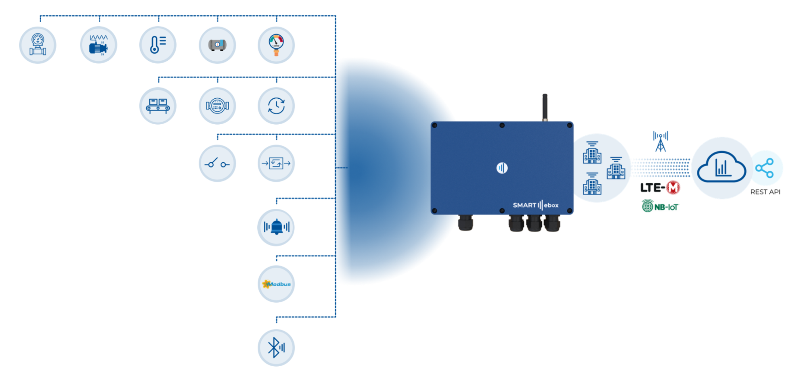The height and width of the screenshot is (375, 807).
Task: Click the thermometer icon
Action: pyautogui.click(x=158, y=45)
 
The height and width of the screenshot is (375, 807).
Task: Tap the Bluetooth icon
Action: pyautogui.click(x=276, y=348)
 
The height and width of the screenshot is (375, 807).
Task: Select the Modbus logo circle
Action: pyautogui.click(x=276, y=284)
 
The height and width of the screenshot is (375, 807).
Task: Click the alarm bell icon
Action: pyautogui.click(x=276, y=227)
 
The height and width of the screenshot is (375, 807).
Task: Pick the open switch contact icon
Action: pyautogui.click(x=217, y=163)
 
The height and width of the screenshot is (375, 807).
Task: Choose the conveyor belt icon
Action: pyautogui.click(x=158, y=106)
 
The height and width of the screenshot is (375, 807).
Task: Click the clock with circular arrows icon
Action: pyautogui.click(x=276, y=106)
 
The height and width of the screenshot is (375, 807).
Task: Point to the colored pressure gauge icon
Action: pyautogui.click(x=276, y=45)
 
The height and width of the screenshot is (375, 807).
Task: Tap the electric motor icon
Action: pyautogui.click(x=98, y=45)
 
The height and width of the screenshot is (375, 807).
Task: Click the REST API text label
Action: pyautogui.click(x=765, y=192)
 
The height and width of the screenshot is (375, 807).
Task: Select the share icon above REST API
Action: pyautogui.click(x=765, y=168)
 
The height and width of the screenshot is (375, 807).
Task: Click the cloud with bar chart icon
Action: pyautogui.click(x=721, y=167)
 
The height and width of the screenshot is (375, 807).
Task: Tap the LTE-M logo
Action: pyautogui.click(x=660, y=187)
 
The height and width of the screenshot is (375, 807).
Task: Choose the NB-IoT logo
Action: pyautogui.click(x=660, y=206)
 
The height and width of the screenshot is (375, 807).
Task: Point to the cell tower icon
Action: pyautogui.click(x=660, y=142)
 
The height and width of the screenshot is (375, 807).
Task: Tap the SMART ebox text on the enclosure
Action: pyautogui.click(x=535, y=205)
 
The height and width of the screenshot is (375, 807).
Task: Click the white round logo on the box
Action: pyautogui.click(x=502, y=168)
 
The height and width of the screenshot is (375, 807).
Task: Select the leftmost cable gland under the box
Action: pyautogui.click(x=465, y=223)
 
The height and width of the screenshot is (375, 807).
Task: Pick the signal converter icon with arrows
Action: pyautogui.click(x=276, y=163)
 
